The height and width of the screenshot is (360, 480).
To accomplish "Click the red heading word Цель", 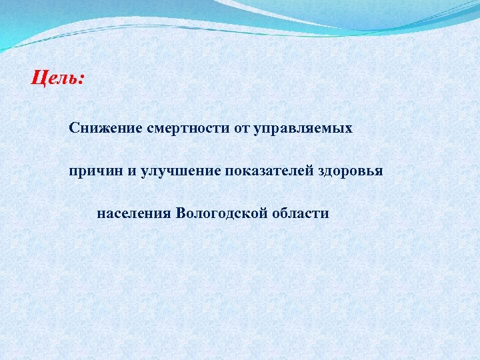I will (x=56, y=79).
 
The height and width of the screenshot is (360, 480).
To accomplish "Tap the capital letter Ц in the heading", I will (x=38, y=79).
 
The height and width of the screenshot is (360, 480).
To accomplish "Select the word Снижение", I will (x=101, y=127).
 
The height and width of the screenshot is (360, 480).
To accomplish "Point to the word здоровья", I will (x=351, y=171).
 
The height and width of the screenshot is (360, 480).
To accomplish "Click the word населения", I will (x=135, y=214).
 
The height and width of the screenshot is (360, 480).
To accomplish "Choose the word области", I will (x=300, y=214).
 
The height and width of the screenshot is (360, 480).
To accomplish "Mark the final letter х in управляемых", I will (x=349, y=128).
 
